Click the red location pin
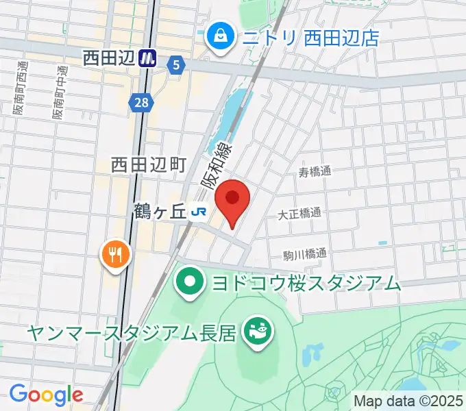(232, 199)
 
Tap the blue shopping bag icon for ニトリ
(221, 37)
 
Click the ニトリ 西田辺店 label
(310, 37)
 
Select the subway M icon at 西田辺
(147, 59)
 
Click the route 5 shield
(177, 65)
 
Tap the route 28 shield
(139, 102)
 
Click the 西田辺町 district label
(149, 164)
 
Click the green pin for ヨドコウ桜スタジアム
(188, 282)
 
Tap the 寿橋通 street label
(315, 172)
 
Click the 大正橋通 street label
(299, 213)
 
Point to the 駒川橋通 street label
(305, 254)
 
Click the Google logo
(46, 394)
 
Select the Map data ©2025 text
(408, 401)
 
